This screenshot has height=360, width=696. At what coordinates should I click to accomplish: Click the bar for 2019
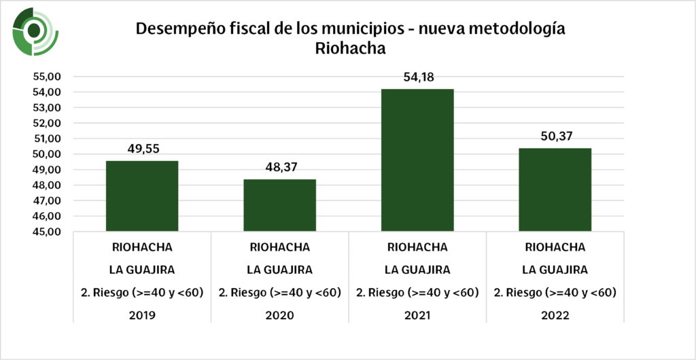pyautogui.click(x=142, y=196)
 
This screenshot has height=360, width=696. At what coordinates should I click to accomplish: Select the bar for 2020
pyautogui.click(x=279, y=205)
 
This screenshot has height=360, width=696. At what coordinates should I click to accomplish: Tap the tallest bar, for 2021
pyautogui.click(x=417, y=160)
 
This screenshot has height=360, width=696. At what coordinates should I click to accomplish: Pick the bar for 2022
pyautogui.click(x=555, y=190)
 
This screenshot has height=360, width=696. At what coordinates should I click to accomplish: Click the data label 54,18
pyautogui.click(x=417, y=77)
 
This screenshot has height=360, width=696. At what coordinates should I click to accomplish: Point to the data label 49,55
pyautogui.click(x=142, y=149)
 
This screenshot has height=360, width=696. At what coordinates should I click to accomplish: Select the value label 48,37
pyautogui.click(x=279, y=167)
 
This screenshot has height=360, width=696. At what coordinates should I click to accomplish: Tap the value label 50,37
pyautogui.click(x=555, y=137)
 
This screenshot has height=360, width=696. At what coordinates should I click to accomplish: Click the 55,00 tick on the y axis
pyautogui.click(x=48, y=76)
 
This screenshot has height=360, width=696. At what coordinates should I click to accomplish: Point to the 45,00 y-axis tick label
pyautogui.click(x=48, y=232)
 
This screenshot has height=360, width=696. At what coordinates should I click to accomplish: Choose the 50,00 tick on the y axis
pyautogui.click(x=48, y=154)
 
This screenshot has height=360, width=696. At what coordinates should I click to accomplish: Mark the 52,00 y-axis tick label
pyautogui.click(x=48, y=123)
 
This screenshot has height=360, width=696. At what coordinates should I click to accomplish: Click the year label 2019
pyautogui.click(x=142, y=316)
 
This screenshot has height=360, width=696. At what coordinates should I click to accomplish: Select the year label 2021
pyautogui.click(x=417, y=316)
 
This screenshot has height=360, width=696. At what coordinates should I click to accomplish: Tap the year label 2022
pyautogui.click(x=555, y=316)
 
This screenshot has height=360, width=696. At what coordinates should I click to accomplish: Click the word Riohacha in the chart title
pyautogui.click(x=350, y=49)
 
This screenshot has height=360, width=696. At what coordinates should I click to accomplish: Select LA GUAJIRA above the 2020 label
pyautogui.click(x=279, y=270)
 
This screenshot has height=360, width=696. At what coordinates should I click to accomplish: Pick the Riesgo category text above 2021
pyautogui.click(x=417, y=293)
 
